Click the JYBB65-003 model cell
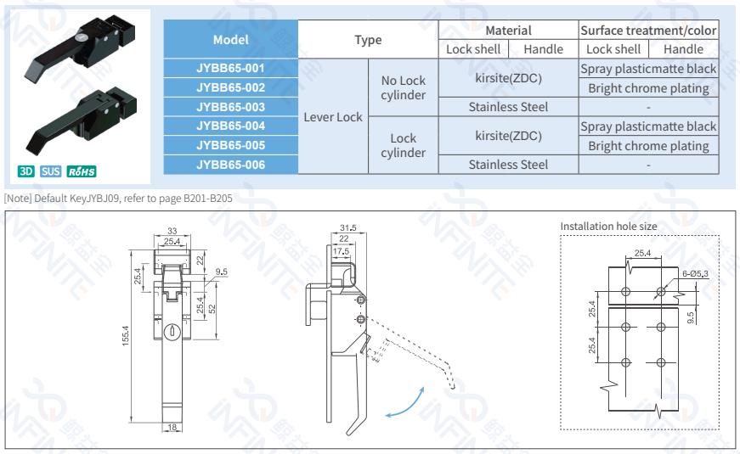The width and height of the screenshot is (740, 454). [x=231, y=107]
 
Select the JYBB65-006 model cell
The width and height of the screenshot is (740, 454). [x=231, y=165]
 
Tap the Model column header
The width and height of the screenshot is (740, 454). [x=231, y=40]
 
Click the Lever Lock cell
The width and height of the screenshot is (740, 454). [x=333, y=117]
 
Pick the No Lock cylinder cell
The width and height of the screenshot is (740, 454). [x=404, y=87]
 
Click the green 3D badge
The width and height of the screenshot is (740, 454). [x=26, y=171]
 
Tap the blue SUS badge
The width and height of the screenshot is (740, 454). [x=50, y=171]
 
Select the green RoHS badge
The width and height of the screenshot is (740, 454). [x=82, y=171]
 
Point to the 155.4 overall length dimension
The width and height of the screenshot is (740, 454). [x=125, y=336]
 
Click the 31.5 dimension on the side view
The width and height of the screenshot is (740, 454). [x=348, y=228]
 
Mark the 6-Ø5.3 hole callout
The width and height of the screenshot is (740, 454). [x=695, y=274]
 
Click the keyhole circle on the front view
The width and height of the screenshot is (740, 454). [x=172, y=332]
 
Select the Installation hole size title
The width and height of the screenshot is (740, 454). [x=608, y=227]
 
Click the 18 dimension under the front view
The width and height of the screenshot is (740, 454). [x=172, y=427]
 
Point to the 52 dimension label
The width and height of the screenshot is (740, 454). [x=212, y=309]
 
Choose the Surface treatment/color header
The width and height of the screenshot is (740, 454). [x=648, y=31]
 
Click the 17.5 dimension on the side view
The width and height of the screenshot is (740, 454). [x=341, y=251]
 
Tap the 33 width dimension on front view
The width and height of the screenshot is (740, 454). [x=172, y=231]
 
